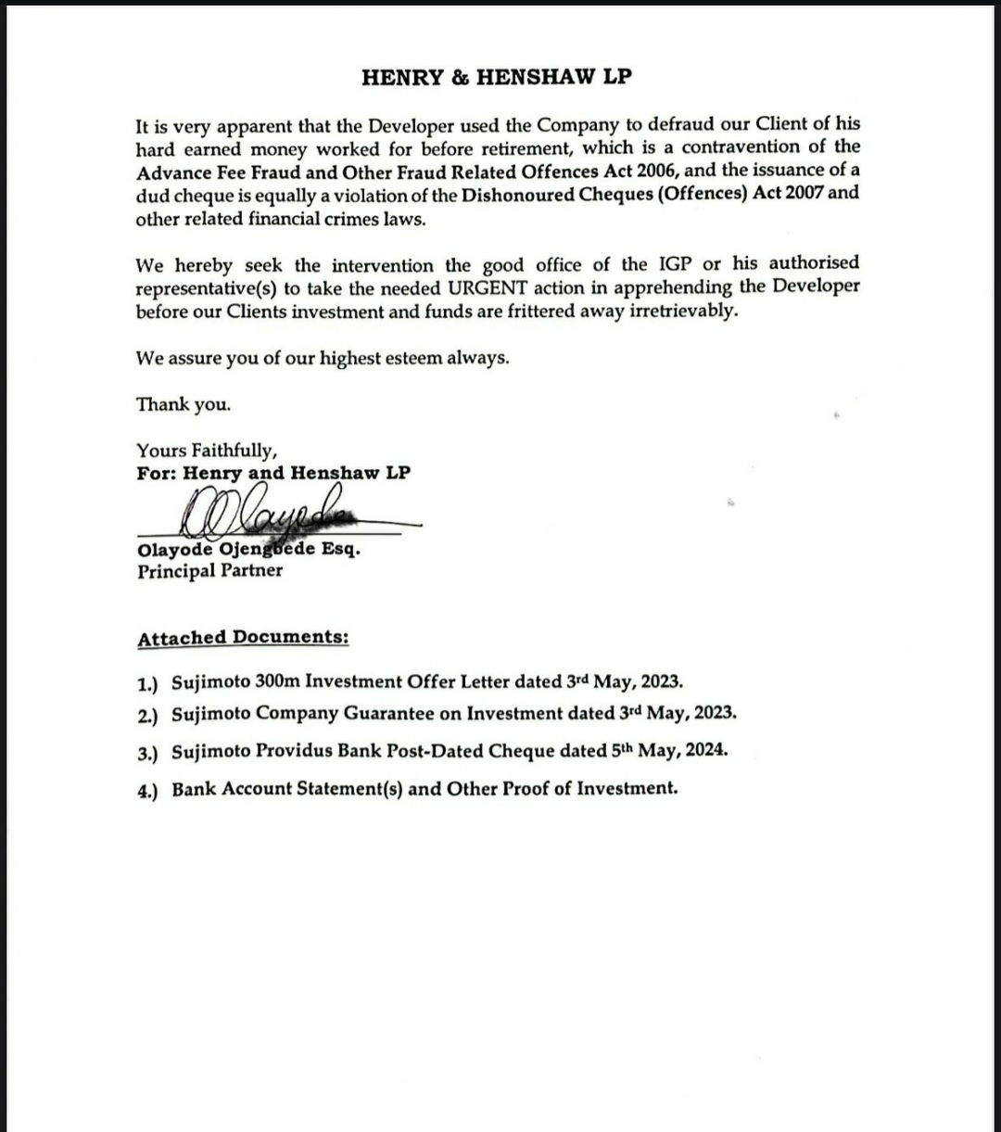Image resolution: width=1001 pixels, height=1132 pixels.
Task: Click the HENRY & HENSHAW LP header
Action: coord(497,78)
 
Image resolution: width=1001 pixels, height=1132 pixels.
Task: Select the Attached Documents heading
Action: coord(243,638)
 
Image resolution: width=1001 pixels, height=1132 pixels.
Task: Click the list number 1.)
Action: coord(147,684)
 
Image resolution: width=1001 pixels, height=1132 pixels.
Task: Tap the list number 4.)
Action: coord(147,790)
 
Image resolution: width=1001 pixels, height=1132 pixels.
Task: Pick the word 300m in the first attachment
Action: coord(276,682)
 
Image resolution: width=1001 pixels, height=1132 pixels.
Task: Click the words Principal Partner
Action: coord(209,571)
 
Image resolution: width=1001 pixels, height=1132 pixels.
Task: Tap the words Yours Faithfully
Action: coord(207,452)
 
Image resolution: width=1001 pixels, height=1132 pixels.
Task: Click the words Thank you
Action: coord(184,405)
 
